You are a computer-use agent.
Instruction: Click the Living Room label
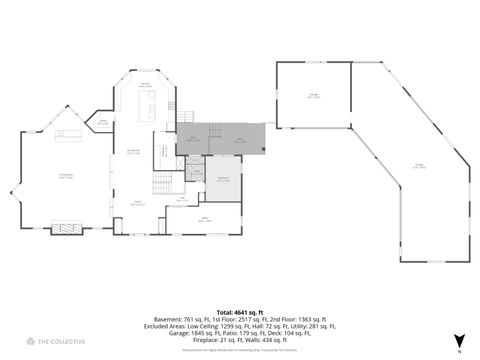(66, 175)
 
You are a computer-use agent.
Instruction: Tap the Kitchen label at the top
(145, 84)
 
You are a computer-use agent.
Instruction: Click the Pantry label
(102, 122)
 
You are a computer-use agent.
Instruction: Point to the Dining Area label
(133, 151)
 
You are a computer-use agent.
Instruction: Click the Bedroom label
(224, 180)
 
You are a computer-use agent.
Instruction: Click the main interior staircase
(162, 183)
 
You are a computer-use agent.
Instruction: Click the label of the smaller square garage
(313, 96)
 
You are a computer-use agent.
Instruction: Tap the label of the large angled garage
(419, 167)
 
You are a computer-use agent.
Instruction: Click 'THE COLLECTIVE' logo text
(57, 342)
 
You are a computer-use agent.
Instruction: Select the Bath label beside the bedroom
(196, 172)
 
